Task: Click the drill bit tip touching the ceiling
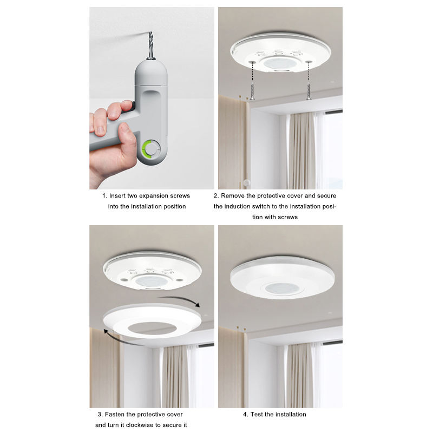click(150, 32)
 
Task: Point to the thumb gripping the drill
click(128, 137)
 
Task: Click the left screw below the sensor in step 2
click(252, 91)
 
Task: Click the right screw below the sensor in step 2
click(309, 91)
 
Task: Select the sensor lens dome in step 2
click(280, 63)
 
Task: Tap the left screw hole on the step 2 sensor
click(252, 62)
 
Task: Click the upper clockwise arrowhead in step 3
click(197, 305)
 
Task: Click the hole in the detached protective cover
click(152, 328)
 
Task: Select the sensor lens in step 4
click(282, 288)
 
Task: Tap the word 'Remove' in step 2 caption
click(233, 196)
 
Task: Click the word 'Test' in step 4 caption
click(257, 414)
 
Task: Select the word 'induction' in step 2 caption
click(237, 206)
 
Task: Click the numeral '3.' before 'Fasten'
click(100, 415)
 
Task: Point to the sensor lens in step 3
click(152, 281)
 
